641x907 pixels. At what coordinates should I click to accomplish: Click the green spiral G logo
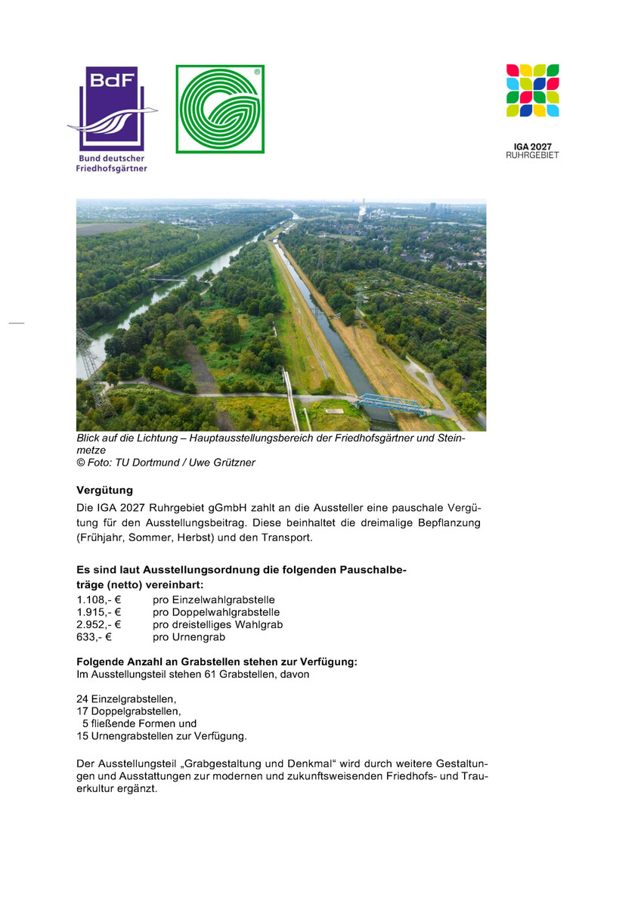click(x=220, y=109)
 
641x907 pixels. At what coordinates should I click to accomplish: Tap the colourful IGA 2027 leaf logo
click(x=532, y=91)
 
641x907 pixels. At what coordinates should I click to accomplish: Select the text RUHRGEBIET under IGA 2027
click(x=532, y=155)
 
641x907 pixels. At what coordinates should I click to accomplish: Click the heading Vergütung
click(x=104, y=490)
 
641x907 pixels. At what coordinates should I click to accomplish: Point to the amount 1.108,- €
click(x=99, y=600)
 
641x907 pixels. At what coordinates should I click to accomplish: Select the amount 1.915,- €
click(x=99, y=612)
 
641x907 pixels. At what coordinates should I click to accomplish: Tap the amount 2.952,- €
click(x=99, y=624)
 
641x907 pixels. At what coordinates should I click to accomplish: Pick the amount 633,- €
click(x=94, y=637)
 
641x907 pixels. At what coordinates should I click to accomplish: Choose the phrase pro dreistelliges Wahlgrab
click(x=218, y=624)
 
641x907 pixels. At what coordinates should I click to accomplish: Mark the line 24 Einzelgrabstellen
click(x=126, y=699)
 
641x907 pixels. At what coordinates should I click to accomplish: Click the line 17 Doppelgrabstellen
click(x=129, y=711)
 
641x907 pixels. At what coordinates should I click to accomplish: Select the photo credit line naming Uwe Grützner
click(x=166, y=463)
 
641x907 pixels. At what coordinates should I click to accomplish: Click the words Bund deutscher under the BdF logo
click(x=112, y=159)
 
